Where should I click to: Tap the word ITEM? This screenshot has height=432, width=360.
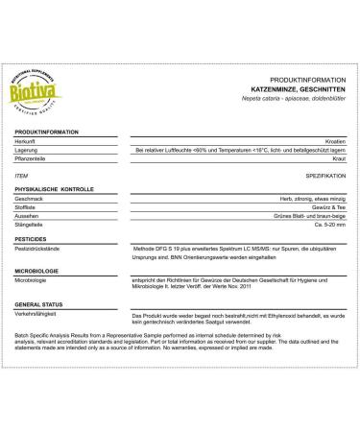pos(23,177)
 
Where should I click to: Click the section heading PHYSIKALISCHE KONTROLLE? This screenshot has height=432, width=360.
pos(59,192)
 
